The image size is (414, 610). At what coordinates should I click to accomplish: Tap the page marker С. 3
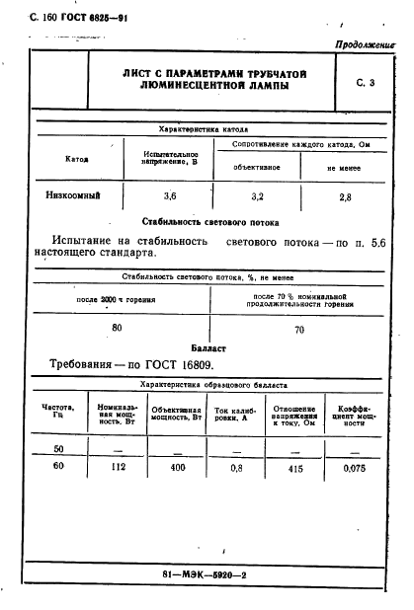pyautogui.click(x=367, y=84)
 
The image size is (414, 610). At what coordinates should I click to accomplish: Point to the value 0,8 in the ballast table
pyautogui.click(x=236, y=469)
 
